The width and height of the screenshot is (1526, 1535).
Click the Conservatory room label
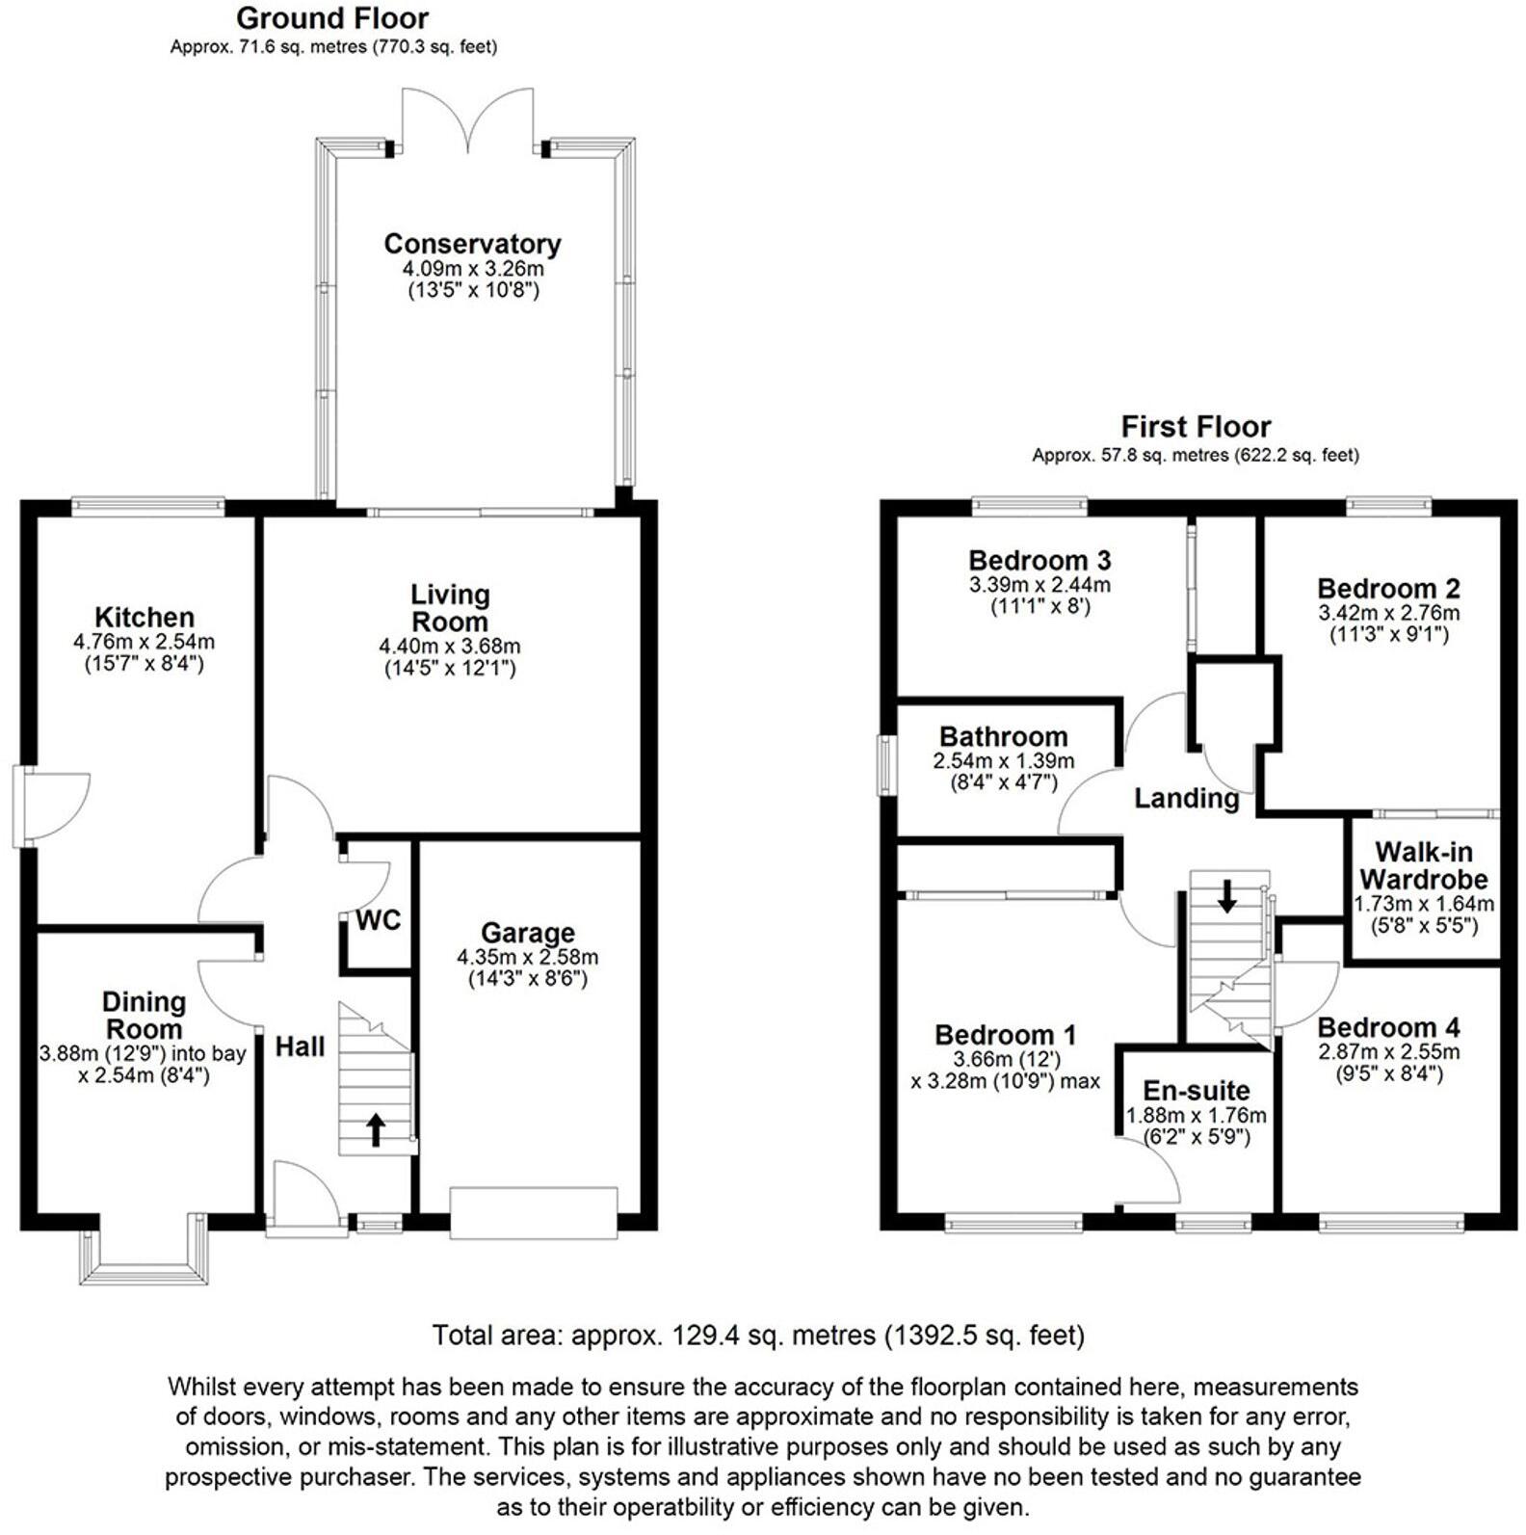tap(472, 244)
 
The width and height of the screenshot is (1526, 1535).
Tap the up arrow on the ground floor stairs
tap(376, 1129)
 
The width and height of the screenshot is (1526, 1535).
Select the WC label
tap(378, 920)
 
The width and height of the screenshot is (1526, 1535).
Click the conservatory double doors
tap(468, 120)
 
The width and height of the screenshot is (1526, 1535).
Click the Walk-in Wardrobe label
tap(1423, 865)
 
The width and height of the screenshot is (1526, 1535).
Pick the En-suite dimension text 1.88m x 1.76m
tap(1197, 1116)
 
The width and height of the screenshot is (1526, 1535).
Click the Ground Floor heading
tap(332, 18)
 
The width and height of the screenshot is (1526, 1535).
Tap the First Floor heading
tap(1196, 426)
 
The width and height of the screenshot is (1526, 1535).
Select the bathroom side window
tap(883, 766)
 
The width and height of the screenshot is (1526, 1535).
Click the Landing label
tap(1186, 798)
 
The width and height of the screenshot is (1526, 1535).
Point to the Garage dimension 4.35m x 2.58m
tap(527, 957)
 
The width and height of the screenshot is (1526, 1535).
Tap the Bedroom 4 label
tap(1388, 1027)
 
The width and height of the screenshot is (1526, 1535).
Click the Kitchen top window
tap(148, 504)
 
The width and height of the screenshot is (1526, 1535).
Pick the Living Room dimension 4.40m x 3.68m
tap(450, 646)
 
